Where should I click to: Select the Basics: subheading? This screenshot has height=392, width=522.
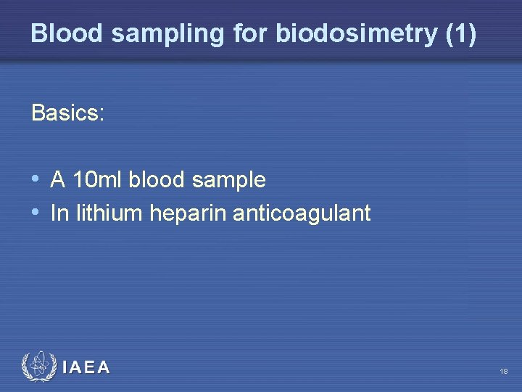click(x=68, y=113)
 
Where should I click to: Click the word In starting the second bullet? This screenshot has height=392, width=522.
click(x=59, y=213)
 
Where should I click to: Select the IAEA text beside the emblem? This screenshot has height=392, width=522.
click(x=86, y=368)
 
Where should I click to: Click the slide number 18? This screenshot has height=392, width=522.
click(x=503, y=371)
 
